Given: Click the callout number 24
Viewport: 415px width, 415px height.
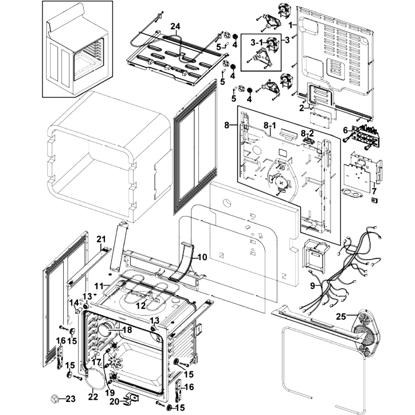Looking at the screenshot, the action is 175,27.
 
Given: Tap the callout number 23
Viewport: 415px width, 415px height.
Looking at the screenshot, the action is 71,398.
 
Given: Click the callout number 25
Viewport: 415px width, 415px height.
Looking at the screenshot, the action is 341,317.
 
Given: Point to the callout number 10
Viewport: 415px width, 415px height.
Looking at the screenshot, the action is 202,257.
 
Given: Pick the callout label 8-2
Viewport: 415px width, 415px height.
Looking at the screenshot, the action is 307,134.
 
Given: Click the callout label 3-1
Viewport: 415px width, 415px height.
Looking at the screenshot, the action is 257,42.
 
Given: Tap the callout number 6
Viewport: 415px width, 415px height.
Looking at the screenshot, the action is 345,130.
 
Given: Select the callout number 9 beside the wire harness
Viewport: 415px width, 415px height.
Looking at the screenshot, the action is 312,286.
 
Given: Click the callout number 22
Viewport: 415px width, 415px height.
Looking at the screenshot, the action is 93,397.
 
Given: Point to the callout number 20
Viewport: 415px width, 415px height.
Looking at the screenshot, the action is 115,402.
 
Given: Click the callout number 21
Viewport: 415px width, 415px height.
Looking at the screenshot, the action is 101,239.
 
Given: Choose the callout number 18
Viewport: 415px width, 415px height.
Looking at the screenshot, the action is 127,330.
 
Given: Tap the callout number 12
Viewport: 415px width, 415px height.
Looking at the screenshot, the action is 141,305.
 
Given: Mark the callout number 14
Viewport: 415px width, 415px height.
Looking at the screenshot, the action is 74,302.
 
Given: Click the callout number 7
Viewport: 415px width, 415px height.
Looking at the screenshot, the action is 374,191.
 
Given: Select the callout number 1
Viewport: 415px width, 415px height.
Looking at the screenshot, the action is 290,25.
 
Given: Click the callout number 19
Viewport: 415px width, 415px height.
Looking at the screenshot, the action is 110,392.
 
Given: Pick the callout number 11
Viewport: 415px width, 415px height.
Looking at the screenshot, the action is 99,286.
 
